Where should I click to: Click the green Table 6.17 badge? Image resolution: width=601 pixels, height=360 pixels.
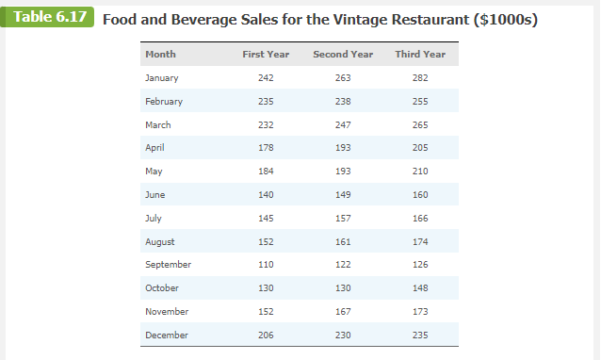[x=46, y=19]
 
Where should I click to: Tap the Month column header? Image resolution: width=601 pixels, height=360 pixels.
[x=160, y=55]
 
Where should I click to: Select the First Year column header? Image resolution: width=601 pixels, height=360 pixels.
[x=266, y=55]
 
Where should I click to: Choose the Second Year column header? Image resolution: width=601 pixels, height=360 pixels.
[x=343, y=55]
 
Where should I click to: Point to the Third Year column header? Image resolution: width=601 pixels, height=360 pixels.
[x=420, y=55]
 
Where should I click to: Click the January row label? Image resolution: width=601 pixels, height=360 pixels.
[x=162, y=78]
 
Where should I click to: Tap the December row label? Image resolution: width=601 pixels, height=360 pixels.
[x=167, y=335]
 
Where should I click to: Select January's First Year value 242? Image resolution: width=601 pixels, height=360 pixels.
[x=266, y=78]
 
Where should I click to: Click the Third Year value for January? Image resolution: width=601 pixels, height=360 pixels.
[x=420, y=78]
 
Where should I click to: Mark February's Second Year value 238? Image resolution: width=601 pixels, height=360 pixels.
[x=343, y=102]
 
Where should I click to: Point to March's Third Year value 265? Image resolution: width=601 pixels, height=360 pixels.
[x=420, y=124]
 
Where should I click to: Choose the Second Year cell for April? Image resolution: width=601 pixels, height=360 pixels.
[x=343, y=148]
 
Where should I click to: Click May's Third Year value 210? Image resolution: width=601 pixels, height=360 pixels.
[x=420, y=172]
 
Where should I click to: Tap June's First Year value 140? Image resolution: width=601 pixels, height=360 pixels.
[x=266, y=195]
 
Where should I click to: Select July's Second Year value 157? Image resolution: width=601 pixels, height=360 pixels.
[x=343, y=218]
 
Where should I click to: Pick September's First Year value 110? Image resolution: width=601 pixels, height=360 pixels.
[x=266, y=265]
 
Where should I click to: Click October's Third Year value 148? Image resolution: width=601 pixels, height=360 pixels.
[x=420, y=288]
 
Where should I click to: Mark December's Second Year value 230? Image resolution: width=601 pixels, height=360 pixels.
[x=343, y=335]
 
